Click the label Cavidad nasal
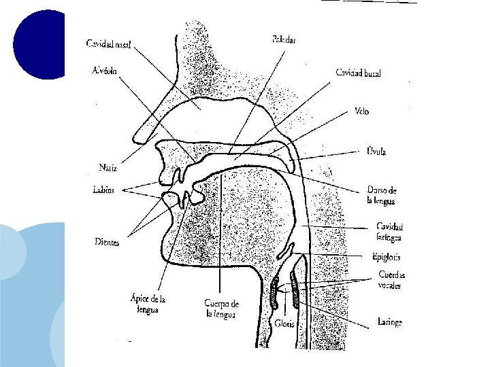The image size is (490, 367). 109,43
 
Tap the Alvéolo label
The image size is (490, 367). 104,69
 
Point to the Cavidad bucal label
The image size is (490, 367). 358,73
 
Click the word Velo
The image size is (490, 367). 361,111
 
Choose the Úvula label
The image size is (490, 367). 376,152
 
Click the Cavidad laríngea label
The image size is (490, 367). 389,232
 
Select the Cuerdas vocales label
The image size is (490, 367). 393,280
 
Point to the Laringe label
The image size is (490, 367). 389,322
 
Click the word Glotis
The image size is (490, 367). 286,324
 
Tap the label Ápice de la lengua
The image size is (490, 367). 148,303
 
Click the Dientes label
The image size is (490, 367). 107,241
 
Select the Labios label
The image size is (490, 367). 104,190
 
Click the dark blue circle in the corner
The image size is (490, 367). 39,44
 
